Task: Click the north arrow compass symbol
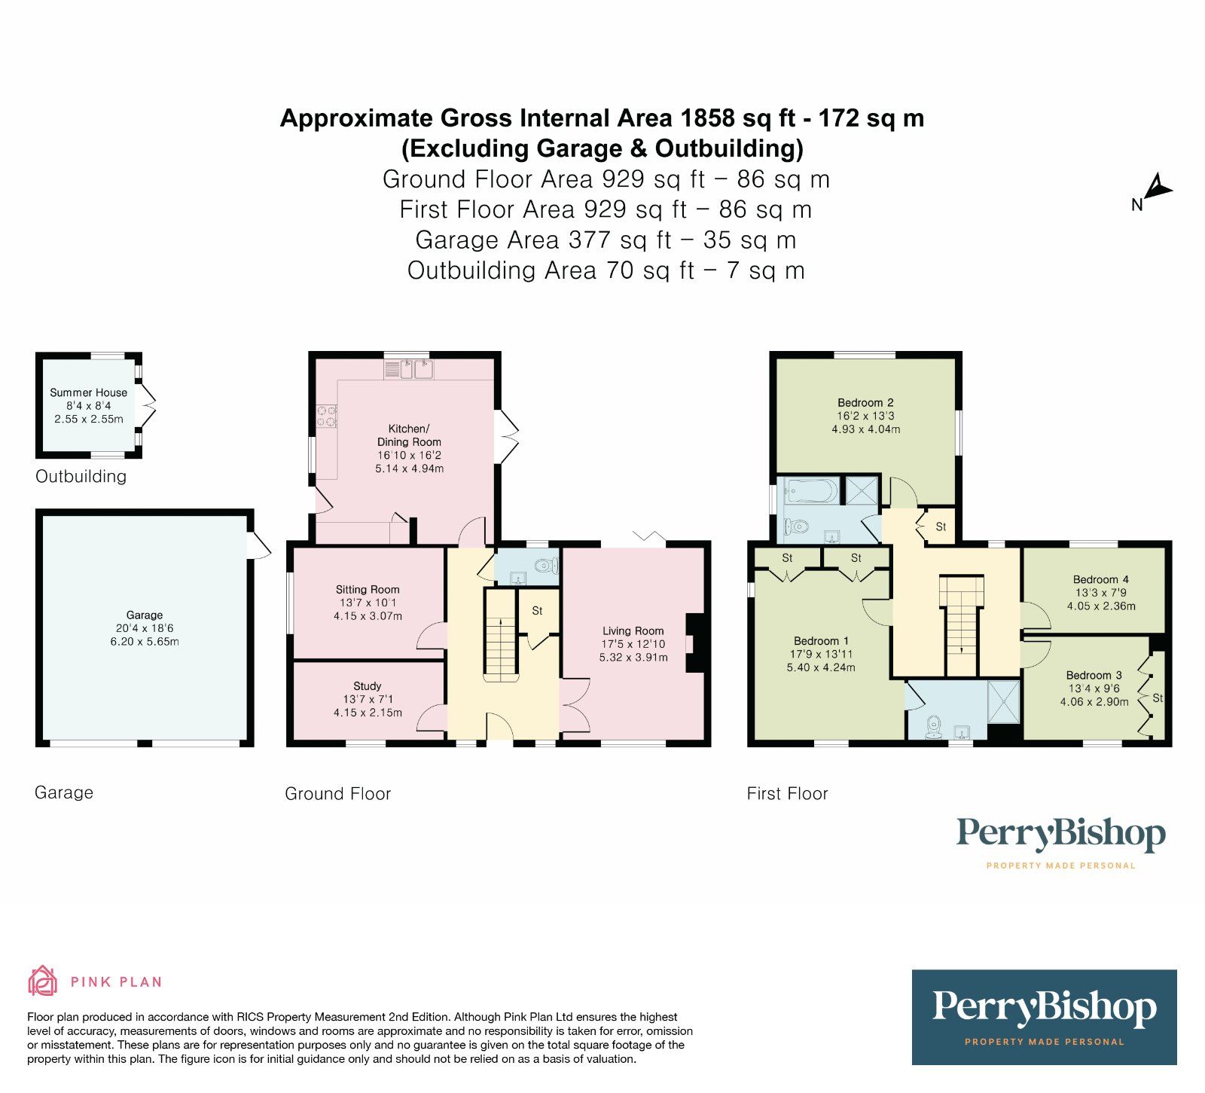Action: point(1158,188)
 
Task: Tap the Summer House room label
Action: point(88,392)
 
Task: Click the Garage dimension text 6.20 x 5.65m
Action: point(144,642)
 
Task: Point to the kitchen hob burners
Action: point(328,417)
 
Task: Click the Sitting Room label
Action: point(368,590)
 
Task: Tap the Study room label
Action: point(368,686)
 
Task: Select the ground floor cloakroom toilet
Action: point(545,565)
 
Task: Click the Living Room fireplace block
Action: point(695,643)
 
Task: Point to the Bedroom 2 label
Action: point(865,403)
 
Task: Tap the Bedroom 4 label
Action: point(1100,579)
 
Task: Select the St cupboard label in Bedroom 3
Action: point(1158,698)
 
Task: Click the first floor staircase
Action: point(961,625)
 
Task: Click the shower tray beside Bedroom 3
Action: point(1003,701)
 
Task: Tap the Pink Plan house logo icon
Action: point(43,982)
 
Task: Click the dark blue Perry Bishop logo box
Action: point(1044,1017)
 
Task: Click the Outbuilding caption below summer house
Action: point(81,477)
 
